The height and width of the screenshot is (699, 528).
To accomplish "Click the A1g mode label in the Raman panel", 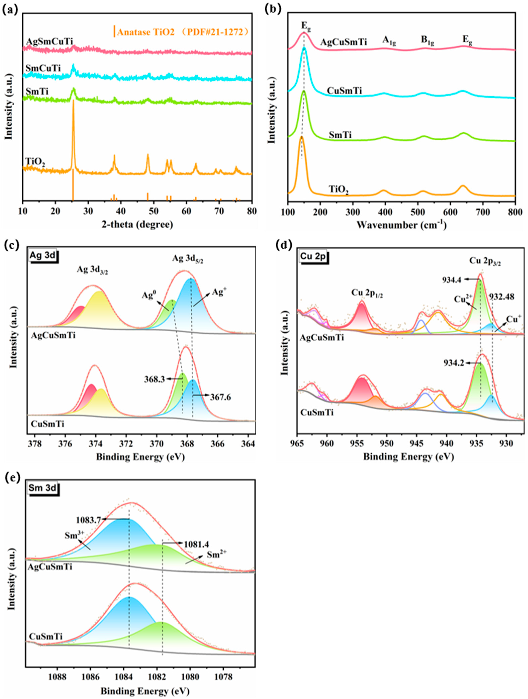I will point(389,40).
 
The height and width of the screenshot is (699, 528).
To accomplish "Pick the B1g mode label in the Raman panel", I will point(427,40).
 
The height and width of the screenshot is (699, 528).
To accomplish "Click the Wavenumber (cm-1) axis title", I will point(401,225).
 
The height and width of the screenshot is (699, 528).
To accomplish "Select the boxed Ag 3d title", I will point(42,255).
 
